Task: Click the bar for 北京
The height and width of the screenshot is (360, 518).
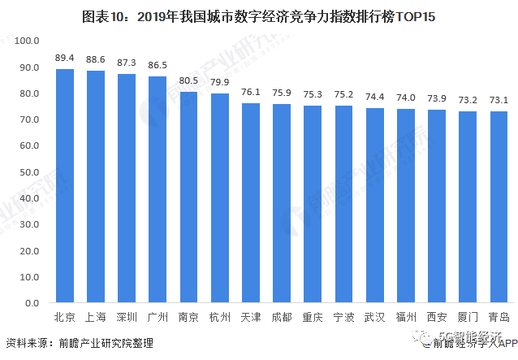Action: click(64, 186)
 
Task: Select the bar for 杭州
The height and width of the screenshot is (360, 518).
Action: click(219, 198)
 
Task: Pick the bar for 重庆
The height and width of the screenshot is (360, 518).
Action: click(313, 204)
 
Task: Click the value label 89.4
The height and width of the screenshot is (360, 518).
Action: click(64, 59)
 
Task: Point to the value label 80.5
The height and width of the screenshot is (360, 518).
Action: click(188, 82)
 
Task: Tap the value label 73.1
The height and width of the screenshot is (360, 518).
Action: click(499, 101)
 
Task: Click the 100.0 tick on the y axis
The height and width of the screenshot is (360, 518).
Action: click(27, 41)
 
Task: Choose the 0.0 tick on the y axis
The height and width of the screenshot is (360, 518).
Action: click(32, 303)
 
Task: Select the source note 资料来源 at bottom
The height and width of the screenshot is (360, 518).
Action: click(24, 343)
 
